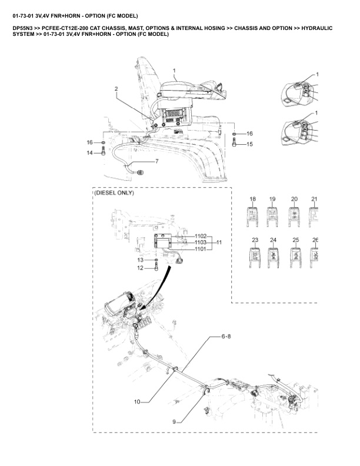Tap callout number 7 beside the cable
point(156,161)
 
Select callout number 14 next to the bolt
point(90,153)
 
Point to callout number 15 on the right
point(249,144)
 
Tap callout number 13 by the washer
point(140,259)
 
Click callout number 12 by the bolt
point(140,268)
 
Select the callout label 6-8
point(226,337)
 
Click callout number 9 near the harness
point(174,421)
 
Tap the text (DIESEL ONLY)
point(114,193)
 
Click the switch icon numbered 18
point(252,216)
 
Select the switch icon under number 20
point(294,216)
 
